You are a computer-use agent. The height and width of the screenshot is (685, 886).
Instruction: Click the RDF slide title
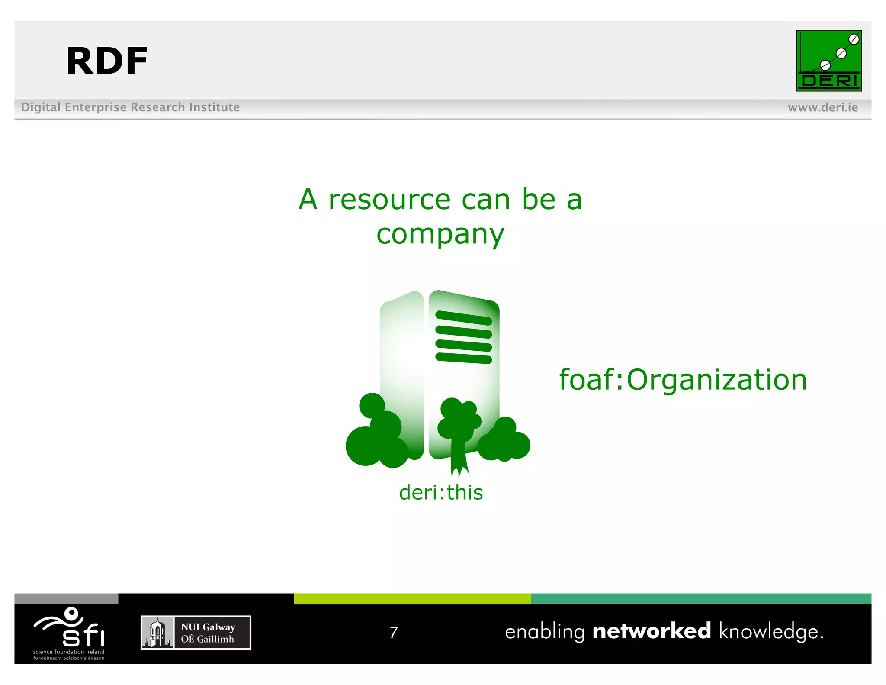(x=107, y=61)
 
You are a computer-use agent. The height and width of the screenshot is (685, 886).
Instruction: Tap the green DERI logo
(x=828, y=61)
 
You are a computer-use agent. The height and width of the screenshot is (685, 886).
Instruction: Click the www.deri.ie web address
(x=822, y=107)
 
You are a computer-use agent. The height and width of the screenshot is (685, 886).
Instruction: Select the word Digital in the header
(x=41, y=107)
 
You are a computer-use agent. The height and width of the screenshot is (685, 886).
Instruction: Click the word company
(x=440, y=235)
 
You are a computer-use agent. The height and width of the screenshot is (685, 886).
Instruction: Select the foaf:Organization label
(x=683, y=380)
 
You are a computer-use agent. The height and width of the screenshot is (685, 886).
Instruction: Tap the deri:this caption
(x=440, y=493)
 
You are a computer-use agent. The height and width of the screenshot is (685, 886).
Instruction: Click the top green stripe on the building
(x=463, y=317)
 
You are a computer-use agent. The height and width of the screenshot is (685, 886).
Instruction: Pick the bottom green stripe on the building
(x=463, y=358)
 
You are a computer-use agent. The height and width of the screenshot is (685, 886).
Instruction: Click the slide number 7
(x=393, y=632)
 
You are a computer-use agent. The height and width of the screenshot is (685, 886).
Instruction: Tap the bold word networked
(x=652, y=631)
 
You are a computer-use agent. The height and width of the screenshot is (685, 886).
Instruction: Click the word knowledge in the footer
(x=771, y=632)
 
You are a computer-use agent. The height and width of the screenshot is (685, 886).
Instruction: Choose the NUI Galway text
(x=208, y=627)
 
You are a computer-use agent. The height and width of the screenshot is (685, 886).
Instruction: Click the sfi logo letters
(x=83, y=635)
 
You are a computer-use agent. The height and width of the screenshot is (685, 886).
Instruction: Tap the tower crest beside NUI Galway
(x=157, y=633)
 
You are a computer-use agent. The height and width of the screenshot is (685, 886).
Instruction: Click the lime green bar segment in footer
(x=412, y=599)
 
